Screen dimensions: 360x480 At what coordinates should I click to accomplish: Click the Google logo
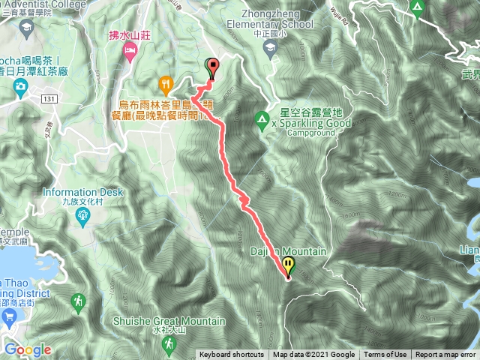[28, 349]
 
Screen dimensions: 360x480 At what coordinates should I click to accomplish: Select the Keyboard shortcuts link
[232, 355]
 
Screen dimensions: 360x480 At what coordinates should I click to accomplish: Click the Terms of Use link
[385, 355]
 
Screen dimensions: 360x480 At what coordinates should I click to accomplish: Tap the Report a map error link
[446, 355]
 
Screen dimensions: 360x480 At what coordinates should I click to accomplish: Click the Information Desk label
[82, 192]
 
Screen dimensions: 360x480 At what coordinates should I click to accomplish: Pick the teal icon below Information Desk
[82, 217]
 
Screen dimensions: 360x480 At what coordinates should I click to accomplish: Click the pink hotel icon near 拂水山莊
[128, 51]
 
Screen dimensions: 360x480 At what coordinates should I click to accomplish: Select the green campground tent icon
[261, 118]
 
